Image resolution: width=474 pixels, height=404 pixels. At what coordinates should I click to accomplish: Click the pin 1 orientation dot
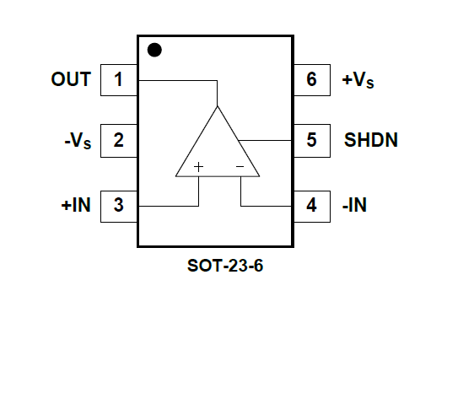pyautogui.click(x=154, y=50)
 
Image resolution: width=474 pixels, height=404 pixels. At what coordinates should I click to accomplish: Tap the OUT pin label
pyautogui.click(x=71, y=79)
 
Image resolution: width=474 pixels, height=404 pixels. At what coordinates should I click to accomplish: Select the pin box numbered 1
pyautogui.click(x=119, y=80)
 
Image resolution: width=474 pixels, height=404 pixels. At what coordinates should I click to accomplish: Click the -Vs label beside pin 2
pyautogui.click(x=78, y=140)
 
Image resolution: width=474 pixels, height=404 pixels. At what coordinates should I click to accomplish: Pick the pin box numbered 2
pyautogui.click(x=119, y=141)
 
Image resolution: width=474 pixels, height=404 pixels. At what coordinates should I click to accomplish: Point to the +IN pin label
pyautogui.click(x=76, y=205)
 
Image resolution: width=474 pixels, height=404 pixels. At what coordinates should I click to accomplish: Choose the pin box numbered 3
pyautogui.click(x=119, y=207)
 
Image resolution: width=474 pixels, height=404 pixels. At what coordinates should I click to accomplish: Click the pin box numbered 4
pyautogui.click(x=312, y=207)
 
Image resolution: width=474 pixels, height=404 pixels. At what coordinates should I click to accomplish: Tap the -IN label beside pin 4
pyautogui.click(x=354, y=205)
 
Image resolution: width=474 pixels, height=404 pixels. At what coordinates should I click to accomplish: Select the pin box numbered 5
pyautogui.click(x=312, y=141)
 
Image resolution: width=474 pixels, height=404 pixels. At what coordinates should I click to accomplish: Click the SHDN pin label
pyautogui.click(x=371, y=140)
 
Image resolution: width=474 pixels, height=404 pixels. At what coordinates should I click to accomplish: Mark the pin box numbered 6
pyautogui.click(x=312, y=80)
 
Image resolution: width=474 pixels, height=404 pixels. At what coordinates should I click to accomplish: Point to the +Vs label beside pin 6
pyautogui.click(x=358, y=80)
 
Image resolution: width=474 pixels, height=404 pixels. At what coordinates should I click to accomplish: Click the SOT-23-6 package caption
pyautogui.click(x=225, y=266)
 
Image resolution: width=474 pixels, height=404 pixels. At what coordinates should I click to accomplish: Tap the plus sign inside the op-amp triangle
pyautogui.click(x=198, y=167)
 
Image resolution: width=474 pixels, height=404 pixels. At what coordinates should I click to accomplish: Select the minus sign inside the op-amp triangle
pyautogui.click(x=240, y=166)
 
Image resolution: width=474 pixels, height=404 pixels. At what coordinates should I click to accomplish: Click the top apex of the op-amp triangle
pyautogui.click(x=217, y=106)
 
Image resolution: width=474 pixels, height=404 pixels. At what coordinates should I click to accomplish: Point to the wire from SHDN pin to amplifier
pyautogui.click(x=265, y=140)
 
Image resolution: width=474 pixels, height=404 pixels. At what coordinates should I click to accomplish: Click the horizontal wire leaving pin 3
pyautogui.click(x=169, y=207)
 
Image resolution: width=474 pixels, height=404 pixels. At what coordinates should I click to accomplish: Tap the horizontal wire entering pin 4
pyautogui.click(x=267, y=207)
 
